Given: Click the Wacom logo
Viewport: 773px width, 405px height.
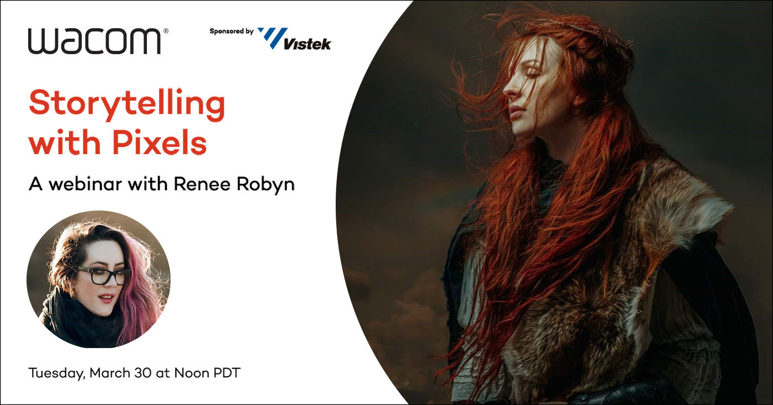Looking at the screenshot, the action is (94, 41).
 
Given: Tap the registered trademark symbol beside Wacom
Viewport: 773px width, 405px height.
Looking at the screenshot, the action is (166, 31).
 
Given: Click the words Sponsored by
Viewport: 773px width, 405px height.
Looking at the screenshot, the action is (231, 31).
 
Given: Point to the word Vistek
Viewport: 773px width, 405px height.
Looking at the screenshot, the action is (307, 44).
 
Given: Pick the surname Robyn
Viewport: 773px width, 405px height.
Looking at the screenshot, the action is (266, 185).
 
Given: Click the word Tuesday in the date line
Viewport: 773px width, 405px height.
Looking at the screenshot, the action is (56, 374).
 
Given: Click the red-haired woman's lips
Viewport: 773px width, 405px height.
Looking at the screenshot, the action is (516, 112).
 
